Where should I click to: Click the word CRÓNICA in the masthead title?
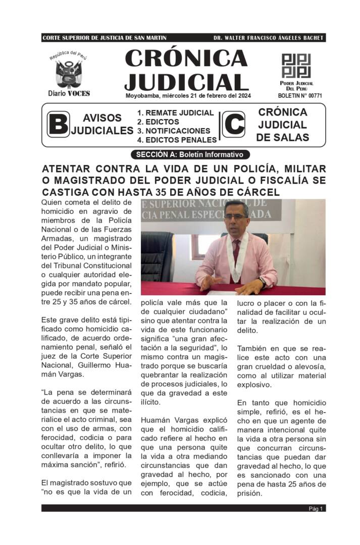186,59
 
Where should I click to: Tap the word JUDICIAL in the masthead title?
186,81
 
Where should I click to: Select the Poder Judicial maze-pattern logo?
296,66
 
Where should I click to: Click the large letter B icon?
59,124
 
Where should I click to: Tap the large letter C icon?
234,124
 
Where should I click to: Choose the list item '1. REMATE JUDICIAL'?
175,113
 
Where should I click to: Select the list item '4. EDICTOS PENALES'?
177,140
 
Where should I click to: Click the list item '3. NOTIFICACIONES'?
173,131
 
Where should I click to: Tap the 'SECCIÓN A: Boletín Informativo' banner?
189,154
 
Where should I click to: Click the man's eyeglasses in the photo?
236,217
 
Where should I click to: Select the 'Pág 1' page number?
316,508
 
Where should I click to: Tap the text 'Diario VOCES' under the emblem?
69,93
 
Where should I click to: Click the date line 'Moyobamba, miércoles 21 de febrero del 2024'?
188,95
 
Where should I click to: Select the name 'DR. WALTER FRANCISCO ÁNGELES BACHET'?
268,38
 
